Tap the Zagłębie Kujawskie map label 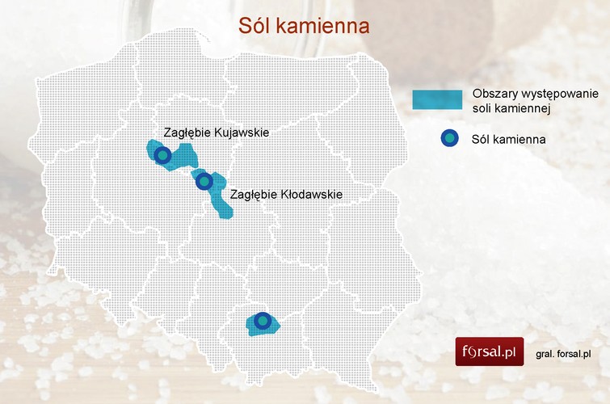pos(216,132)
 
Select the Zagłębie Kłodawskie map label pos(286,195)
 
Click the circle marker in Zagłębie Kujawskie pos(162,154)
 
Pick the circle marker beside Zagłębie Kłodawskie pos(204,182)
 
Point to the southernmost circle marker pos(263,321)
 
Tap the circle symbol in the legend pos(450,138)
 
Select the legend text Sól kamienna pos(508,139)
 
